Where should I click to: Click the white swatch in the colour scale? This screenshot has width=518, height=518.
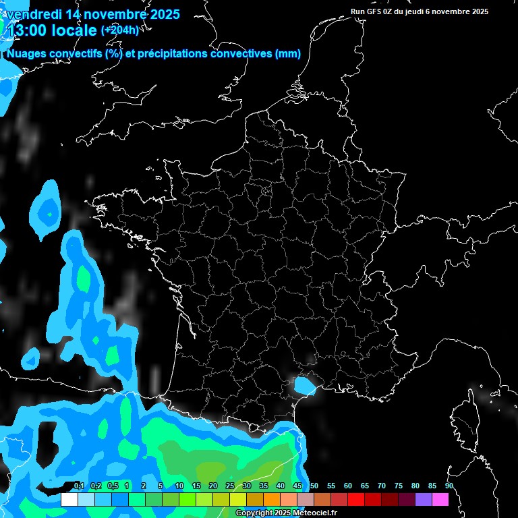69,500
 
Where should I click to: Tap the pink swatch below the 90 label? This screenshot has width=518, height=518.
440,500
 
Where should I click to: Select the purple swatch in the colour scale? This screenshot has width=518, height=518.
423,500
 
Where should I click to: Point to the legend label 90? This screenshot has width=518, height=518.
449,486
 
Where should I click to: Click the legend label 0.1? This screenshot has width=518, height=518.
79,486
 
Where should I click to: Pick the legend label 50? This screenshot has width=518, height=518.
314,486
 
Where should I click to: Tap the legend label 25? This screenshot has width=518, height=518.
230,486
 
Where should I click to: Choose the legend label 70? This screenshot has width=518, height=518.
382,486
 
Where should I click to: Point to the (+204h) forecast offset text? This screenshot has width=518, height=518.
120,30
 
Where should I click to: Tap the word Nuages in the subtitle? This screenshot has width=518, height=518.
26,54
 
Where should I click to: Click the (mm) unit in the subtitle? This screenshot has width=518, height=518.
288,54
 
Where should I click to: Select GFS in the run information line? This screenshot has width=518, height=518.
375,11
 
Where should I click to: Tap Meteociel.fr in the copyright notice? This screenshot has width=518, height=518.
315,513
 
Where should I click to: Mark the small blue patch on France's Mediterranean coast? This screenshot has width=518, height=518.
304,385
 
